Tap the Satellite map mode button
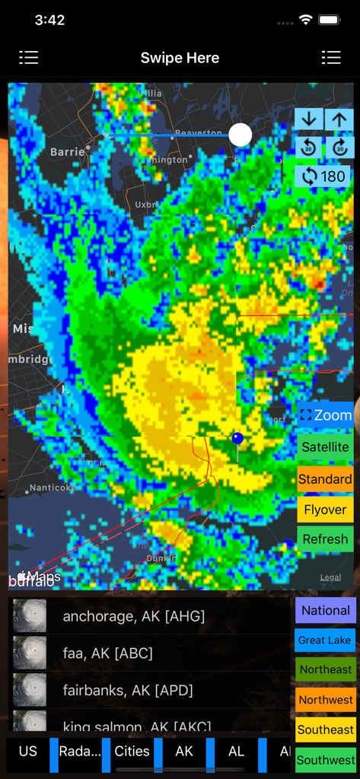[x=325, y=447]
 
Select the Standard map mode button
[x=325, y=479]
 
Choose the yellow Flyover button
[x=325, y=510]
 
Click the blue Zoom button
[x=325, y=415]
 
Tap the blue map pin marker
[x=237, y=439]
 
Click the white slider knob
[x=241, y=135]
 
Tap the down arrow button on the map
[x=308, y=119]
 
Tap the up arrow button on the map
[x=339, y=119]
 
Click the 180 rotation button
[x=323, y=176]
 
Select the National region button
[x=325, y=610]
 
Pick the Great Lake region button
[x=325, y=641]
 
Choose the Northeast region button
[x=325, y=670]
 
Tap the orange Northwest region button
[x=325, y=700]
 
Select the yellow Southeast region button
[x=325, y=730]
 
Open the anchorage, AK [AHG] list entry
[x=133, y=616]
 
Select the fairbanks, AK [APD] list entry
[x=128, y=690]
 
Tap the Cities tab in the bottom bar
[x=132, y=752]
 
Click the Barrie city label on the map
[x=68, y=152]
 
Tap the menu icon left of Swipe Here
[x=29, y=58]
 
